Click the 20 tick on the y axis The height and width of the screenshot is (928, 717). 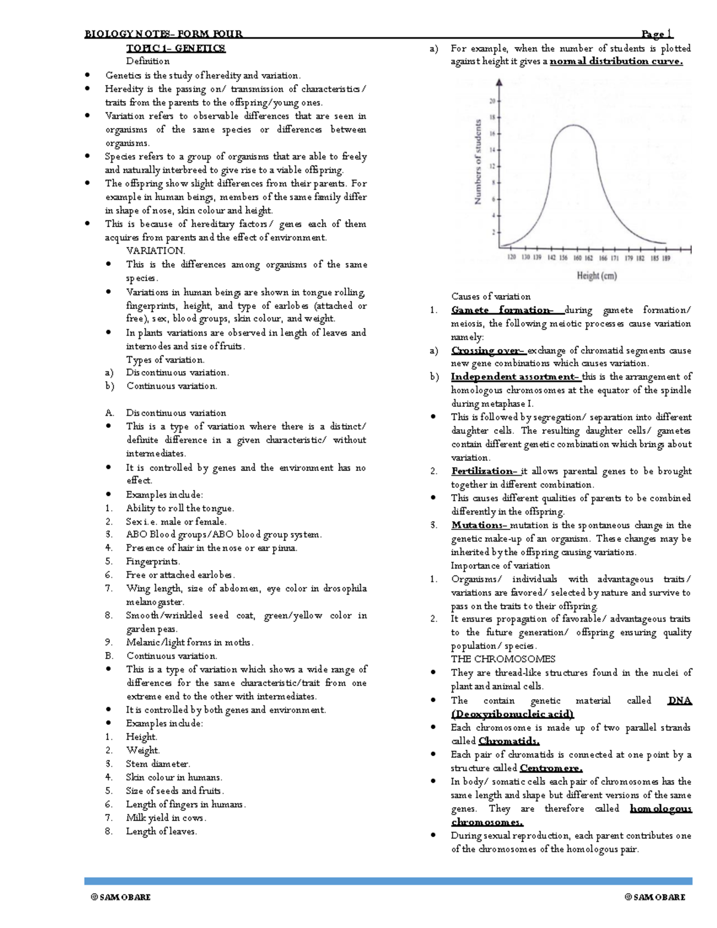point(492,101)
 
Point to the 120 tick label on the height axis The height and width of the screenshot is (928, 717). point(511,258)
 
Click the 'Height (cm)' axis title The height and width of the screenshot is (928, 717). point(596,275)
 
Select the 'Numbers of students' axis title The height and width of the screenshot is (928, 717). point(478,162)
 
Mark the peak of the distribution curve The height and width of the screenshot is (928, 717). point(574,125)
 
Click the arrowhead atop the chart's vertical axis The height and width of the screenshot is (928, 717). point(499,82)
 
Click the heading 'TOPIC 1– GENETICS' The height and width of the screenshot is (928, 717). point(175,48)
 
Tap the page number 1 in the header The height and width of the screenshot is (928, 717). point(657,34)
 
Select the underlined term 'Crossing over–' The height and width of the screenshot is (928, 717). point(488,351)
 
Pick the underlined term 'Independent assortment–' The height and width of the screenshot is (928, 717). point(515,376)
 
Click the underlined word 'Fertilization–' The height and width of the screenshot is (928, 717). point(485,471)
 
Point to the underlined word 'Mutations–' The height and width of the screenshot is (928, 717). point(479,525)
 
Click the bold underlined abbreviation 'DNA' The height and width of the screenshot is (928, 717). point(679,700)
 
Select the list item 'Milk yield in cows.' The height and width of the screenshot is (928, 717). point(166,817)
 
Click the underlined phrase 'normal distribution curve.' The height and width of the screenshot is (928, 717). point(615,61)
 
